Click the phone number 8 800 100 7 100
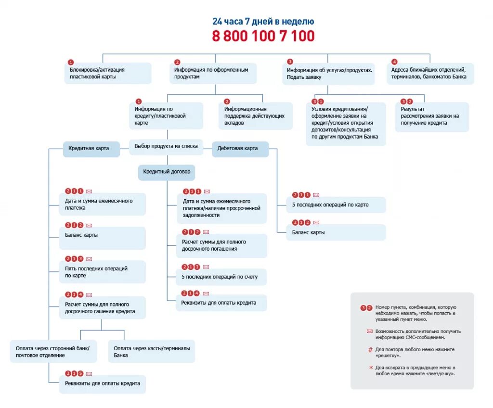pyautogui.click(x=263, y=36)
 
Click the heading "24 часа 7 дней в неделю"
pyautogui.click(x=263, y=22)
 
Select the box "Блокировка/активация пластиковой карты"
pyautogui.click(x=108, y=73)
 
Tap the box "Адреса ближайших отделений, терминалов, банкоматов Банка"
pyautogui.click(x=430, y=73)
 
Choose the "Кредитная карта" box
pyautogui.click(x=89, y=149)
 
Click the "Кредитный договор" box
pyautogui.click(x=167, y=172)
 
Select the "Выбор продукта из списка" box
pyautogui.click(x=166, y=146)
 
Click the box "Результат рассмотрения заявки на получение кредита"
pyautogui.click(x=431, y=116)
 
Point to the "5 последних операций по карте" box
pyautogui.click(x=336, y=205)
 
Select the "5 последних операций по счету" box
pyautogui.click(x=221, y=277)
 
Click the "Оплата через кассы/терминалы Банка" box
pyautogui.click(x=152, y=352)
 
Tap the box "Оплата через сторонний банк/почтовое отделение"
pyautogui.click(x=53, y=352)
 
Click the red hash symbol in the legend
pyautogui.click(x=370, y=350)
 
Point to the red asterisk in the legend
pyautogui.click(x=370, y=368)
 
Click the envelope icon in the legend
pyautogui.click(x=369, y=331)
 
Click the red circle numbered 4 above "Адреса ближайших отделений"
pyautogui.click(x=394, y=62)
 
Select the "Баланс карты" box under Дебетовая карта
pyautogui.click(x=336, y=232)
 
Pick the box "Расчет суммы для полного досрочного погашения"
pyautogui.click(x=221, y=245)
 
